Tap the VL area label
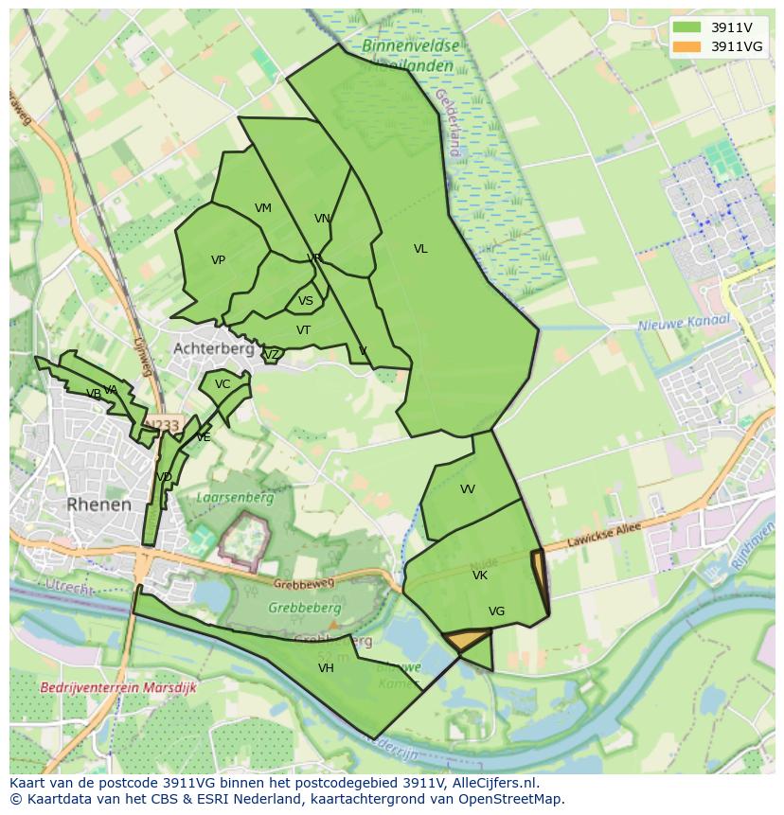420,249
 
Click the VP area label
218,260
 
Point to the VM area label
263,208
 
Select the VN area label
322,219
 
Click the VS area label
306,301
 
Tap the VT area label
303,330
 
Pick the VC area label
223,384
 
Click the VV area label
468,489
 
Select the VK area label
480,576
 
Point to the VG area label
496,611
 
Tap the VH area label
326,668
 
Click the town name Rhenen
99,505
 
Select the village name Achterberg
213,348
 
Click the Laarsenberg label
234,497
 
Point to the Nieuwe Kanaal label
684,323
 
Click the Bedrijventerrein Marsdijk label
118,688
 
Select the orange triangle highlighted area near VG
464,641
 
